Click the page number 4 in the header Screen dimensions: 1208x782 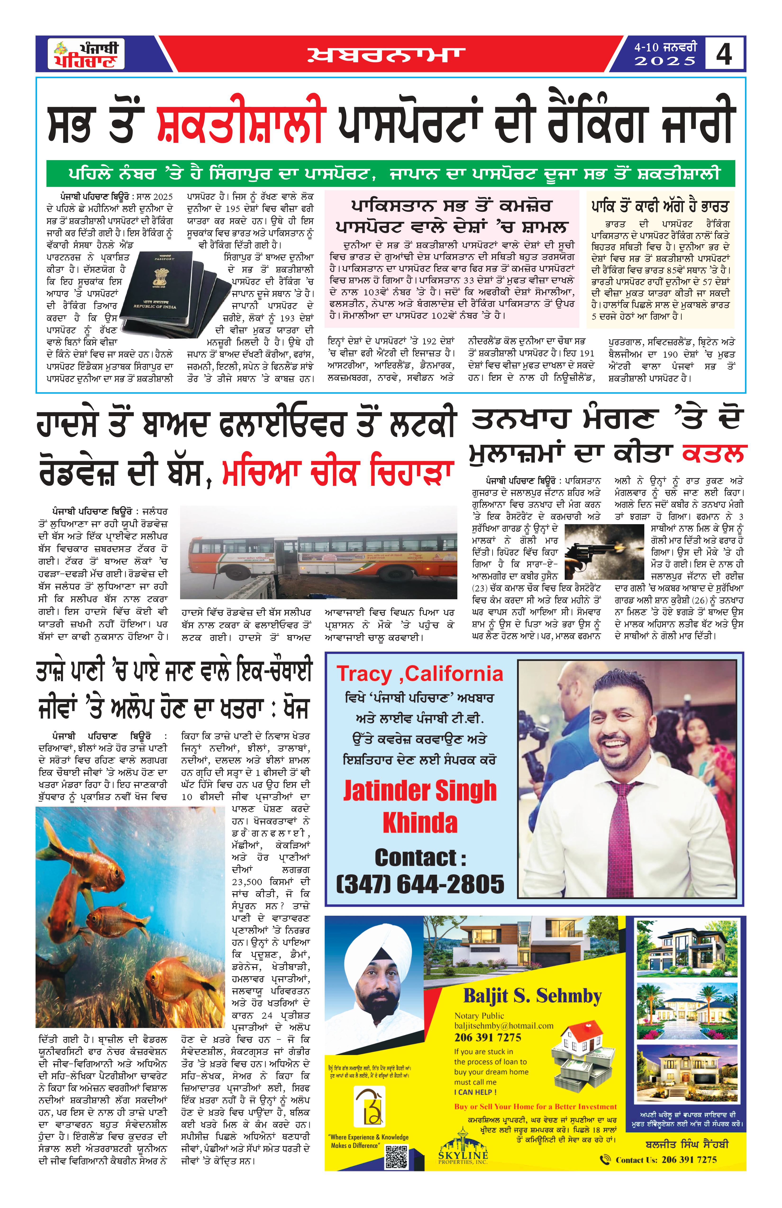724,54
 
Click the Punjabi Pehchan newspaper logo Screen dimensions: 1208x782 86,54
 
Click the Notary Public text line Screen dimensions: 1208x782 479,1016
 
